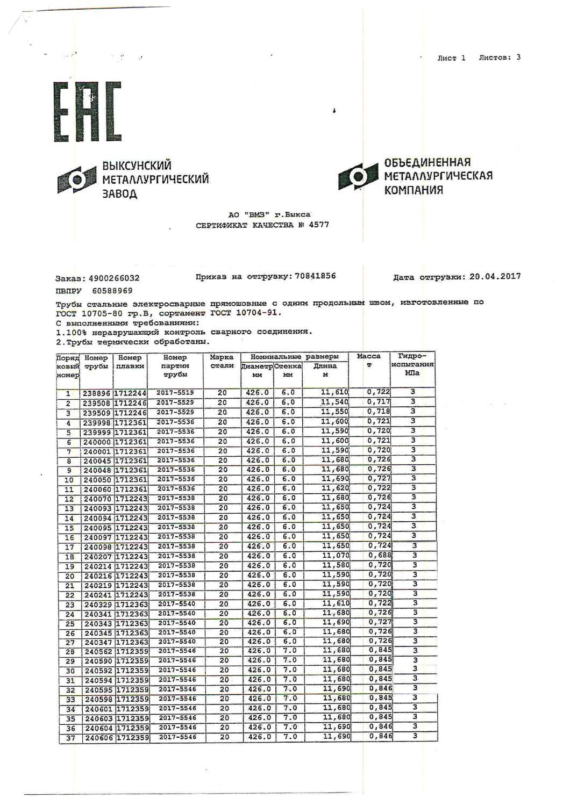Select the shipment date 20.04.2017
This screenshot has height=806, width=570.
495,277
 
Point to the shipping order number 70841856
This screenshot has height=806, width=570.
313,276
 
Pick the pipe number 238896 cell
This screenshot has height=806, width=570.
97,393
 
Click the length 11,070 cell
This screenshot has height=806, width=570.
335,556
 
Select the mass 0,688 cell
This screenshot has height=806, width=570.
379,556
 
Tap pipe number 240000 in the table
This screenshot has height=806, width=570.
97,442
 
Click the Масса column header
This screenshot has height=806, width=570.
369,356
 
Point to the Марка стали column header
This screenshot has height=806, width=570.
222,361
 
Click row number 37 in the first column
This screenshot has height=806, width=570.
70,738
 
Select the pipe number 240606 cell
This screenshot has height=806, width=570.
98,738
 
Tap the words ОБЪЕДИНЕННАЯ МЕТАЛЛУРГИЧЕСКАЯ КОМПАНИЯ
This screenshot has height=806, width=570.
438,176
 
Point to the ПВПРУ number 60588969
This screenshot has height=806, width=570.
112,291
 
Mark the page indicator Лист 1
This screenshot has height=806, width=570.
451,58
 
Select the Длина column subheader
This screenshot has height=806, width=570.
325,366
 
